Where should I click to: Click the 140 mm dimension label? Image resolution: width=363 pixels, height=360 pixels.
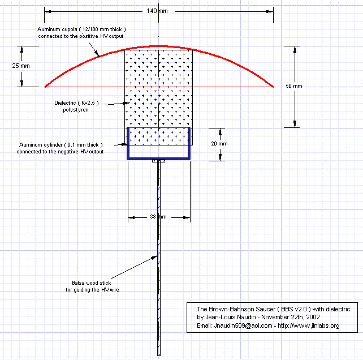click(159, 11)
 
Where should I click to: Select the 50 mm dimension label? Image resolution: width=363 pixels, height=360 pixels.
click(293, 86)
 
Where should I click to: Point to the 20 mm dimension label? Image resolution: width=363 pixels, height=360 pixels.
click(218, 144)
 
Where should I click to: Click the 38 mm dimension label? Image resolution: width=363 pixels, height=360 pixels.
click(158, 217)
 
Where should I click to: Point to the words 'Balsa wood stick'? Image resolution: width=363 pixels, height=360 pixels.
click(93, 282)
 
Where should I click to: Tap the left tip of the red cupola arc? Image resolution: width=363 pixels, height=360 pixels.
click(45, 87)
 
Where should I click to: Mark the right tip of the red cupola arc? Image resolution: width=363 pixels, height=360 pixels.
click(273, 87)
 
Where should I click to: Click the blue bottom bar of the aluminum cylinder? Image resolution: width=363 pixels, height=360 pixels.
click(159, 158)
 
